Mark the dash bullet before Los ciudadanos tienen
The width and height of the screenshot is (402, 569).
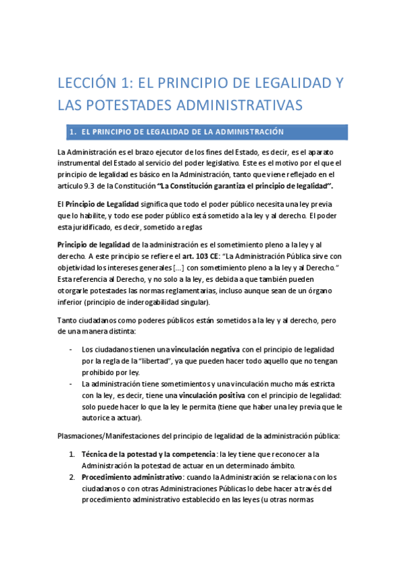coord(72,350)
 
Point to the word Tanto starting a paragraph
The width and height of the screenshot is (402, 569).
coord(69,321)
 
